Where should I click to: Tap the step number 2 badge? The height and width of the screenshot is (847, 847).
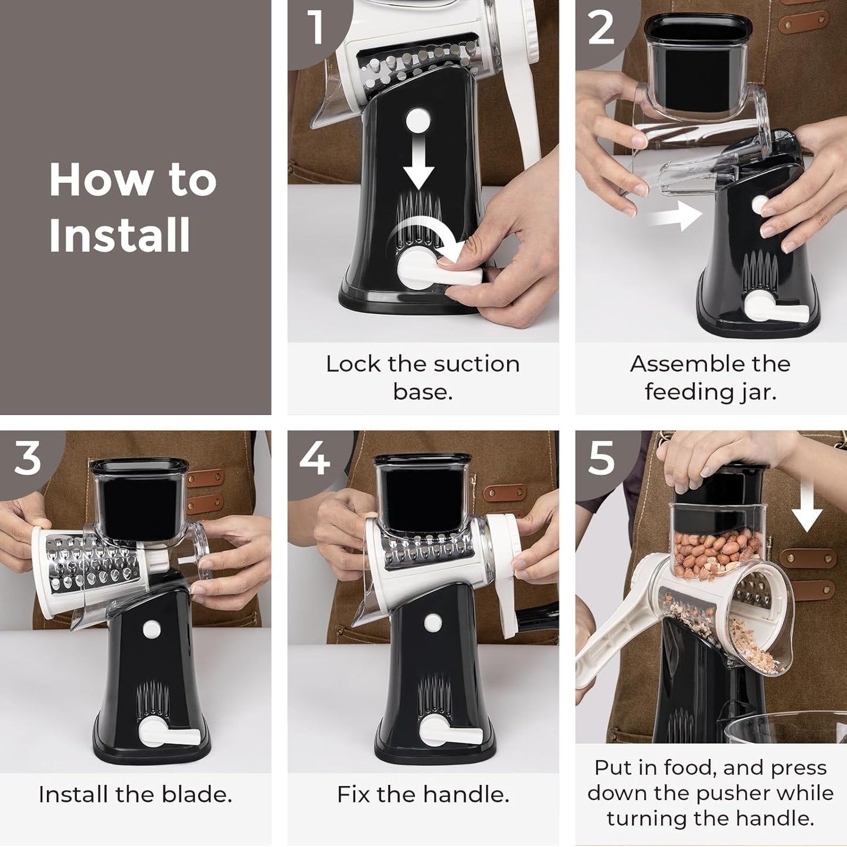pos(601,28)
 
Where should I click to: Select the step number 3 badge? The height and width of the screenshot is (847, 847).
pos(28,458)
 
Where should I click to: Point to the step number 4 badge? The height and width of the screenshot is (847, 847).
pos(314,458)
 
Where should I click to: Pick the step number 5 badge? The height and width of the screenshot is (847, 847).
pos(601,458)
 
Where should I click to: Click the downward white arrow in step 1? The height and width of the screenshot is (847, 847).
pos(418,165)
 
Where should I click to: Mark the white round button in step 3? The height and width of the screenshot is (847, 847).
pos(152,630)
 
